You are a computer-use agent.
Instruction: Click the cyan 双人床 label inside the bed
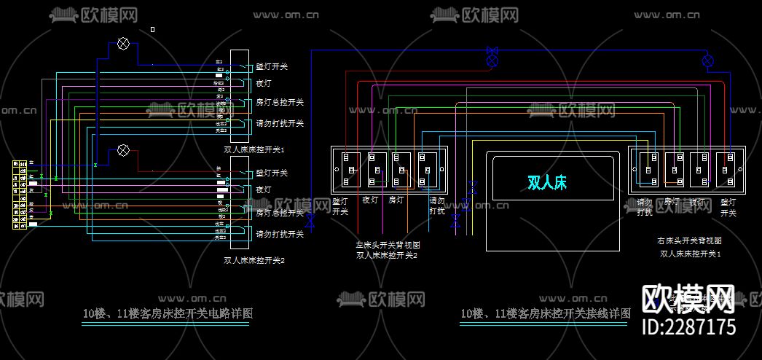(547, 182)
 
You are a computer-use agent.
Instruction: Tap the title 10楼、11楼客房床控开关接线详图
(545, 314)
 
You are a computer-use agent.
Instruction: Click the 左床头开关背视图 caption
(388, 246)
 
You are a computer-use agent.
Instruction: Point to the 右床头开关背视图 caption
(689, 240)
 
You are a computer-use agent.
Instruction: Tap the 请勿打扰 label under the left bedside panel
(437, 206)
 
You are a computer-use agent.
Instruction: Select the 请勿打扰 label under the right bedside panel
(645, 208)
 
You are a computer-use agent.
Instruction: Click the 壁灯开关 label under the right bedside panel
(728, 208)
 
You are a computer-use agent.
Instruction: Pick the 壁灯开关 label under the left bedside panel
(340, 206)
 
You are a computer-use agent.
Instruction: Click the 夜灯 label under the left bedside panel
(370, 200)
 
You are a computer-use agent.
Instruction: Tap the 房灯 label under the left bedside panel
(396, 200)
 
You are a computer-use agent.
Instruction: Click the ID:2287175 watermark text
(688, 326)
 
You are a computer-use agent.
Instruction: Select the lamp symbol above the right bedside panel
(708, 60)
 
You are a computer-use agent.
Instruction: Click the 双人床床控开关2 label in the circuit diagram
(254, 259)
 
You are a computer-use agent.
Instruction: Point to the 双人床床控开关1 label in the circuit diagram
(254, 149)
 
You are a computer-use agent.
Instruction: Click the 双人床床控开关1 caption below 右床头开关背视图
(690, 254)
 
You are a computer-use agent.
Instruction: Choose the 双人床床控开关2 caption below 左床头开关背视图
(388, 255)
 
